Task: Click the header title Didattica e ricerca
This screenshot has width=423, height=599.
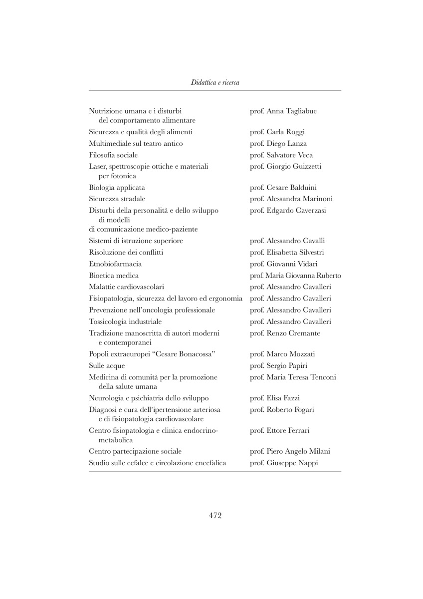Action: tap(215, 82)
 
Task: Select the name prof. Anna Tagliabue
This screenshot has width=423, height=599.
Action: tap(283, 111)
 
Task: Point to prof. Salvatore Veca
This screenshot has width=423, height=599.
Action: tap(281, 155)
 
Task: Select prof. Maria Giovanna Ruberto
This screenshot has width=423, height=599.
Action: tap(295, 276)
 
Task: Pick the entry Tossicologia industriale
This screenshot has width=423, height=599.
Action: tap(125, 321)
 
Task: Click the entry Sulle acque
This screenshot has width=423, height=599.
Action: tap(107, 366)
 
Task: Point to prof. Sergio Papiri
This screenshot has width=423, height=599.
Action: tap(278, 366)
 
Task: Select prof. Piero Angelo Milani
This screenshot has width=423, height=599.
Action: tap(290, 452)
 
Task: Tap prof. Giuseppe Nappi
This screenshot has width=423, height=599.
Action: tap(284, 463)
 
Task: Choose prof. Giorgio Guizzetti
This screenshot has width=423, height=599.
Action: tap(285, 167)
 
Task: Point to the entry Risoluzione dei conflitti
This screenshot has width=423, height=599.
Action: tap(126, 252)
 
